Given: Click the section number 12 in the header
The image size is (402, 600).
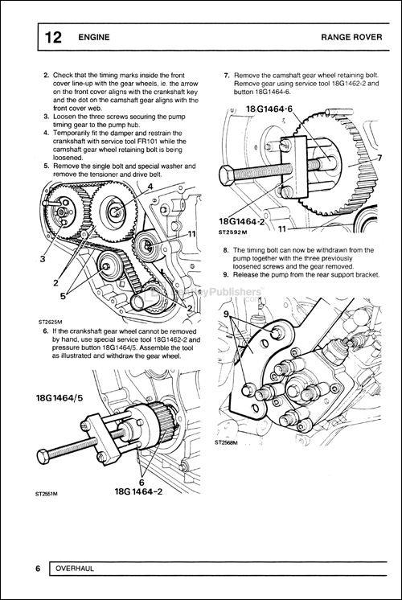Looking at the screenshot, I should coord(52,37).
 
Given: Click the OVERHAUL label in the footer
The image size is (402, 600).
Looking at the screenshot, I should coord(76,569).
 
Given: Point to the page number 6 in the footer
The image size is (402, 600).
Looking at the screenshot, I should coord(38,569).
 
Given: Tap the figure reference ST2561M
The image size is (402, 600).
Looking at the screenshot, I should coord(49,495).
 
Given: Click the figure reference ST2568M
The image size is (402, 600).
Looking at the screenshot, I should coord(228,442).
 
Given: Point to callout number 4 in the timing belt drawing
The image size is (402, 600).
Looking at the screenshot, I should coord(150,187).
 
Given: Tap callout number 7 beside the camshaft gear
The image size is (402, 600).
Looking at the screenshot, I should coord(379,158).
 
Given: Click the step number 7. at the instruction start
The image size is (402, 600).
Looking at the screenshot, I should coord(227,75).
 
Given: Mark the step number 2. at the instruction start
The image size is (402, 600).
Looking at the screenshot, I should coord(46,75).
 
